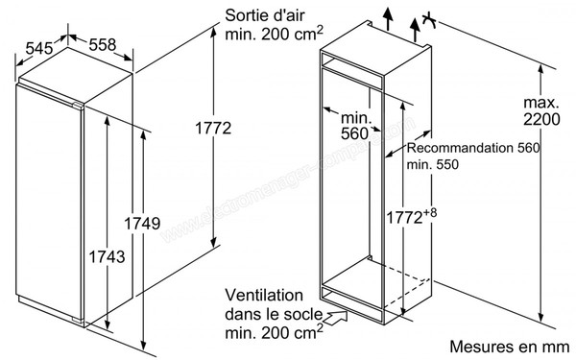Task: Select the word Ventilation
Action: coord(267,294)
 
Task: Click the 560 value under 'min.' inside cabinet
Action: coord(354,133)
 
